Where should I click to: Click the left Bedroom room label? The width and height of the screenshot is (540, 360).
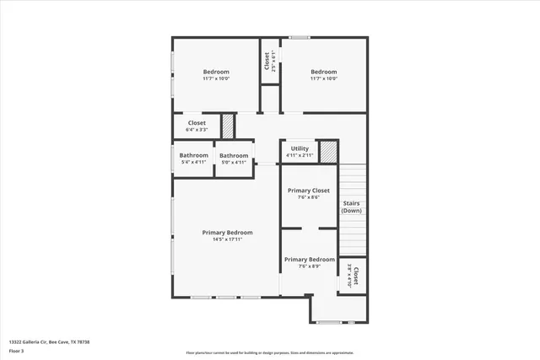pyautogui.click(x=216, y=73)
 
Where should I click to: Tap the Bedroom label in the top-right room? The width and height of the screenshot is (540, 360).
pyautogui.click(x=323, y=73)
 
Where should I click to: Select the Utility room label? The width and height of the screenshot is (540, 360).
pyautogui.click(x=300, y=149)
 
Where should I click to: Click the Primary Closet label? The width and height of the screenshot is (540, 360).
pyautogui.click(x=309, y=191)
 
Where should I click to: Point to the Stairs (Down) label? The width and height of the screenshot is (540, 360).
pyautogui.click(x=352, y=207)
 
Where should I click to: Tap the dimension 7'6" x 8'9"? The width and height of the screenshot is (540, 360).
pyautogui.click(x=309, y=266)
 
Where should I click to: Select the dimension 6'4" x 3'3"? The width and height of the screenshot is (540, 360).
pyautogui.click(x=197, y=130)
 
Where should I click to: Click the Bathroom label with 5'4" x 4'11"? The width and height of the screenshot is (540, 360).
pyautogui.click(x=193, y=155)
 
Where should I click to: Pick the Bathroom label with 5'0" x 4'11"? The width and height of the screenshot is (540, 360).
pyautogui.click(x=234, y=155)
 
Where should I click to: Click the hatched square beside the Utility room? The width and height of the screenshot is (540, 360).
pyautogui.click(x=328, y=152)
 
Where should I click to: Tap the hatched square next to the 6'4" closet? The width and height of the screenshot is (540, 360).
pyautogui.click(x=228, y=126)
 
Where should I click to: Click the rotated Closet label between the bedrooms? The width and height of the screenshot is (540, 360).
pyautogui.click(x=267, y=62)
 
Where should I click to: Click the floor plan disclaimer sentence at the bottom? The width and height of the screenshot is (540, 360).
pyautogui.click(x=270, y=353)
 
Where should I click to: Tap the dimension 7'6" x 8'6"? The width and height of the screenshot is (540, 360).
pyautogui.click(x=309, y=197)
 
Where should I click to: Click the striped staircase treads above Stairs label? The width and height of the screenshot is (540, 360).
pyautogui.click(x=352, y=181)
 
